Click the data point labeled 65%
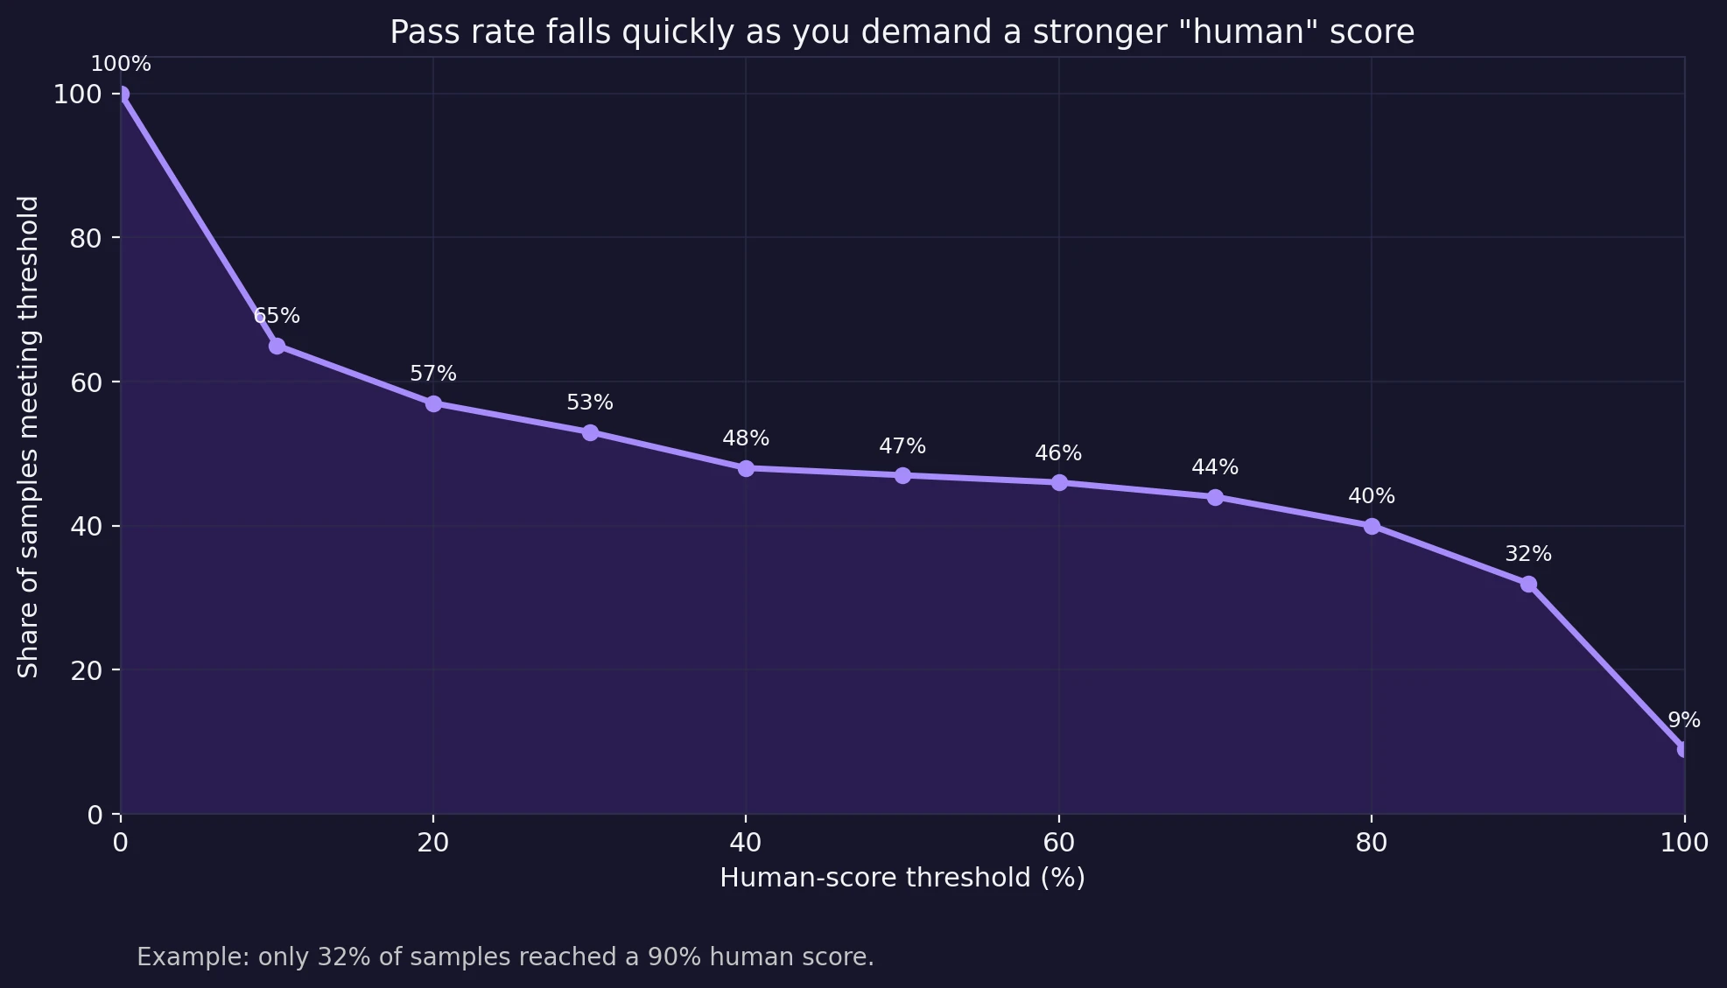[277, 346]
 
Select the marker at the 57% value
[433, 403]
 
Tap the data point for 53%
[590, 432]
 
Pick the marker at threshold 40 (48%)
[746, 468]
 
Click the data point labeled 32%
[1528, 584]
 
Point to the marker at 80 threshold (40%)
[1372, 526]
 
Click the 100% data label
[121, 64]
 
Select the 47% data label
[902, 446]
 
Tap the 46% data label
[1058, 453]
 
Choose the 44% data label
[1215, 467]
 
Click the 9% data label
[1683, 720]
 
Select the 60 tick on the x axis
[1058, 843]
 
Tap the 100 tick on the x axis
[1683, 843]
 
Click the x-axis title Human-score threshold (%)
[902, 878]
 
